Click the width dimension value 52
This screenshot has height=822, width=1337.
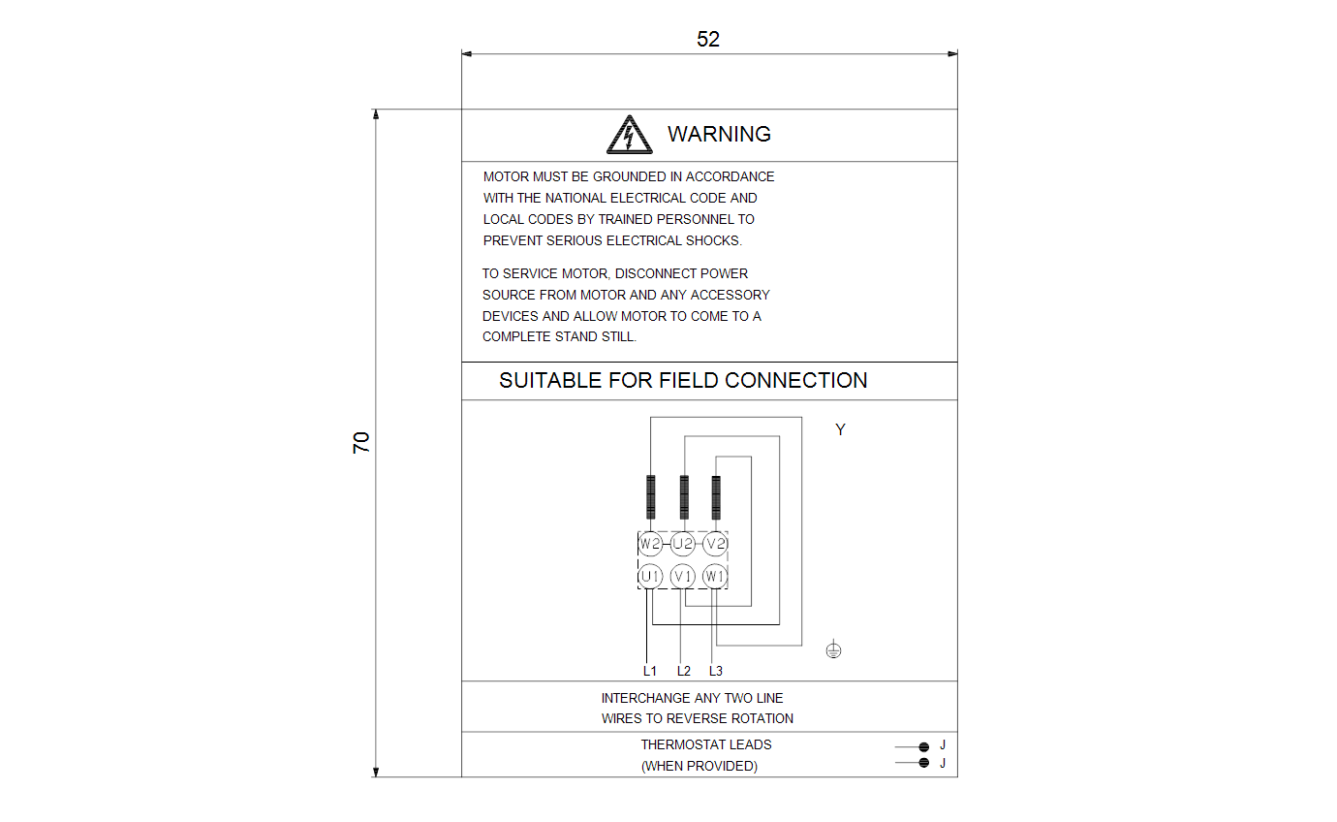point(708,39)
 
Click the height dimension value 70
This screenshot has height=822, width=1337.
point(361,442)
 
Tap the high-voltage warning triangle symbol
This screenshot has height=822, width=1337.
point(629,135)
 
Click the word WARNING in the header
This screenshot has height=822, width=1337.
point(719,134)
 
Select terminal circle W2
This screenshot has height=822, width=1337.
point(650,544)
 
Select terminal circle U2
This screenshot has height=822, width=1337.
point(682,544)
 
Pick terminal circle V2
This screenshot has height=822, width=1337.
point(715,544)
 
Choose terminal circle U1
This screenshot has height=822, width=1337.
point(650,577)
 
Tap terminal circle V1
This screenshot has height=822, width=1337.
point(682,577)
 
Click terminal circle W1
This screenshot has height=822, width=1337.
point(715,577)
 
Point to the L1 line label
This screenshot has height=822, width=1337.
point(649,671)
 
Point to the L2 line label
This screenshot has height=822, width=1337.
point(683,671)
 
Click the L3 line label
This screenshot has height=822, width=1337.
point(716,671)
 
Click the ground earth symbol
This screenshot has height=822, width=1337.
point(834,649)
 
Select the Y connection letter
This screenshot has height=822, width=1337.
point(840,429)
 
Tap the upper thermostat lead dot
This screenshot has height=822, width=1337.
point(924,746)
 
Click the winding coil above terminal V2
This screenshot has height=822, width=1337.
point(716,497)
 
